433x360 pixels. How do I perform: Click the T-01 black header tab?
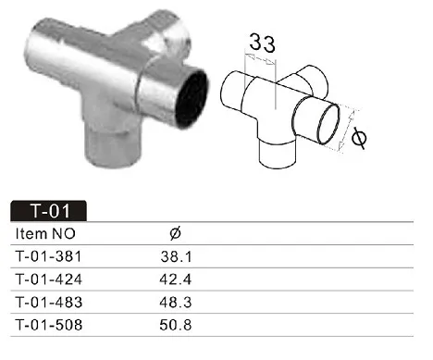click(x=48, y=211)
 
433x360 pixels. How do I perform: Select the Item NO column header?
click(x=45, y=233)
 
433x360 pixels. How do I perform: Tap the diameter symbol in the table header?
click(x=176, y=233)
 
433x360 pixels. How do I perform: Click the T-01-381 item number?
click(x=49, y=256)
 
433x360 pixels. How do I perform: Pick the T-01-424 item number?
click(x=49, y=279)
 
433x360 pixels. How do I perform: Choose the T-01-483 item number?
click(x=49, y=302)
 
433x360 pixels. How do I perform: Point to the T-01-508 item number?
click(x=49, y=325)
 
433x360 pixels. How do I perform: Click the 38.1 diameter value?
click(x=176, y=256)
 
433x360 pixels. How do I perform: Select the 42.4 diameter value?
click(x=176, y=279)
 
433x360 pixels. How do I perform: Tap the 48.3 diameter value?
click(x=176, y=302)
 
